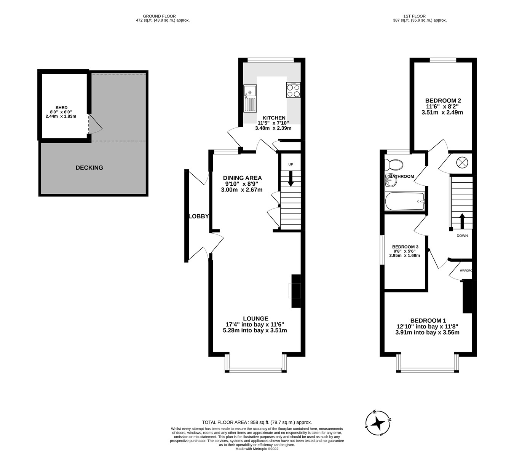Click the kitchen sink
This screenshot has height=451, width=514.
pyautogui.click(x=250, y=98)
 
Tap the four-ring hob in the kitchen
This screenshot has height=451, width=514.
pyautogui.click(x=293, y=90)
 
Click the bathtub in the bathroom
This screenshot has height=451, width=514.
pyautogui.click(x=404, y=201)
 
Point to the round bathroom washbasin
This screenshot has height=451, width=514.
pyautogui.click(x=391, y=180)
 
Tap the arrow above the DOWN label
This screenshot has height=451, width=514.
pyautogui.click(x=462, y=221)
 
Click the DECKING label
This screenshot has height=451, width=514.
pyautogui.click(x=89, y=167)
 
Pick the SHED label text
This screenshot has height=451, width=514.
pyautogui.click(x=61, y=108)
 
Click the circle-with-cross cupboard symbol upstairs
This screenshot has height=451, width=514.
pyautogui.click(x=461, y=163)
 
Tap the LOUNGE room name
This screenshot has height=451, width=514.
pyautogui.click(x=255, y=319)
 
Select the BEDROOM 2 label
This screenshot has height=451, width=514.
pyautogui.click(x=443, y=100)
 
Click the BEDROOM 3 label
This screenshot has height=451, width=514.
pyautogui.click(x=405, y=247)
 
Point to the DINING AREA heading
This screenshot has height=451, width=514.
pyautogui.click(x=243, y=178)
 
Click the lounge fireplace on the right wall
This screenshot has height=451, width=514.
pyautogui.click(x=295, y=291)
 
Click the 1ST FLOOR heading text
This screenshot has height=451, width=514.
pyautogui.click(x=420, y=16)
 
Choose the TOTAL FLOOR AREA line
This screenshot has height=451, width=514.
pyautogui.click(x=257, y=422)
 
